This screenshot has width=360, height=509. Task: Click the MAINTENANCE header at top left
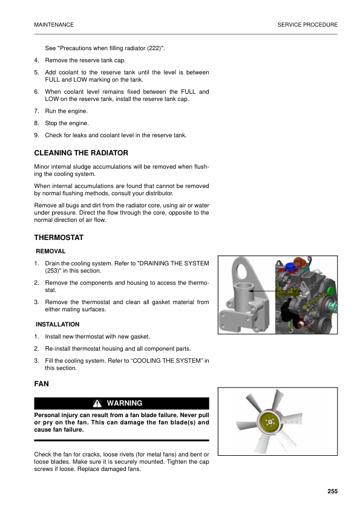pyautogui.click(x=54, y=25)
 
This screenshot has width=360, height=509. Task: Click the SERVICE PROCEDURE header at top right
pyautogui.click(x=307, y=25)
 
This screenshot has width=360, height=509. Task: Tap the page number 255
pyautogui.click(x=332, y=491)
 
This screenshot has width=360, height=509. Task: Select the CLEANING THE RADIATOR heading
pyautogui.click(x=81, y=153)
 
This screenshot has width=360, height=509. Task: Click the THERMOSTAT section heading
pyautogui.click(x=59, y=238)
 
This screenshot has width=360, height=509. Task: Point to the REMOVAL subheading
pyautogui.click(x=51, y=251)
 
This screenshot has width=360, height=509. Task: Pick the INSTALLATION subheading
pyautogui.click(x=57, y=325)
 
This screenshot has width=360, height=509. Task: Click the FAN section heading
pyautogui.click(x=42, y=384)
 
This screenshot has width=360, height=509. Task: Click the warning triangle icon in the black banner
pyautogui.click(x=97, y=403)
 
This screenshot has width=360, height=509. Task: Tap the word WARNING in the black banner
pyautogui.click(x=125, y=403)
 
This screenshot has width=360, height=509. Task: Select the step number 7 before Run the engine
pyautogui.click(x=36, y=111)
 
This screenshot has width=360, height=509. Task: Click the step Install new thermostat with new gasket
pyautogui.click(x=97, y=336)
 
